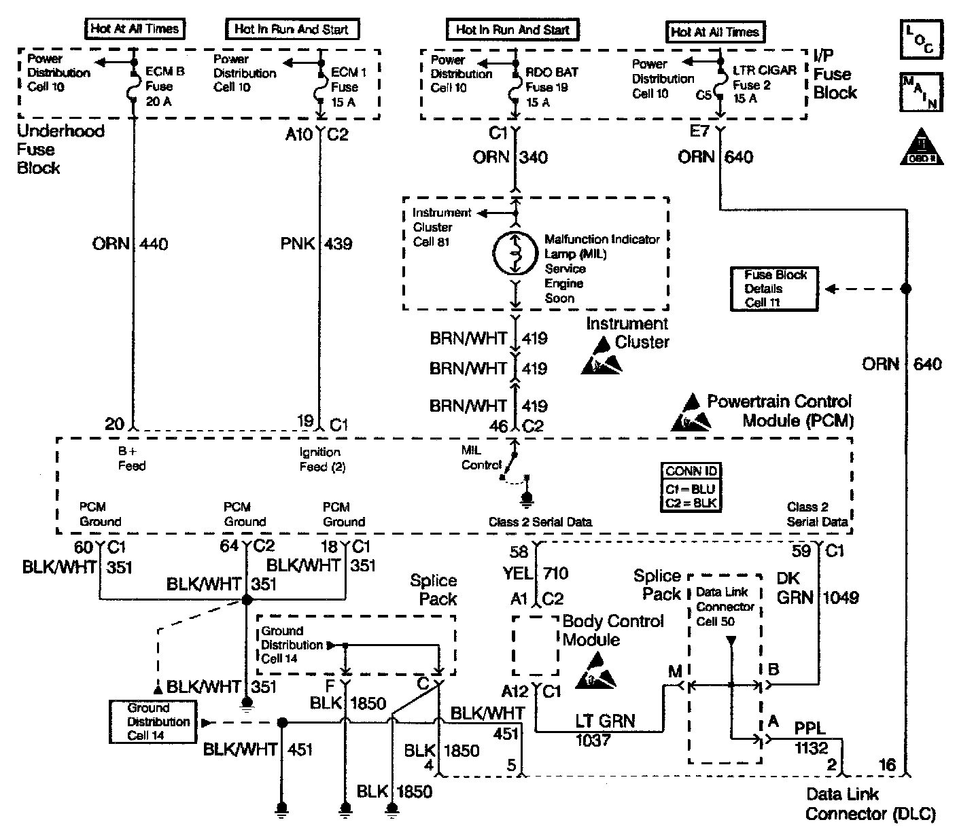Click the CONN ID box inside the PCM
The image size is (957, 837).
pos(691,487)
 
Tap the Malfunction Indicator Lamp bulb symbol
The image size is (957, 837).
pos(515,253)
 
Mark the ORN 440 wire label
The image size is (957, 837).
pos(130,243)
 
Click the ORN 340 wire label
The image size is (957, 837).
pos(510,158)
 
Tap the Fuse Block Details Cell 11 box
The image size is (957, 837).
pos(773,289)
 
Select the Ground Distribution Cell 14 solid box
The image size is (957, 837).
pos(152,722)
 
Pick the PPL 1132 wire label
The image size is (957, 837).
pos(811,739)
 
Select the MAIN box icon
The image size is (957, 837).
pos(920,92)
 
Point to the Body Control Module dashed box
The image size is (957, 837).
pos(535,646)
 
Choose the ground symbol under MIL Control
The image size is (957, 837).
pos(526,501)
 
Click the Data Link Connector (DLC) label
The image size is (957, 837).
pos(870,804)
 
